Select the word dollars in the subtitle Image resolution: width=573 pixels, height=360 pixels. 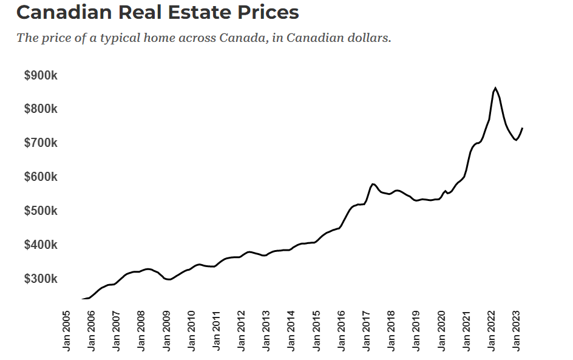point(367,38)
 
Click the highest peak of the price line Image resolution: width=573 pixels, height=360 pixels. point(495,88)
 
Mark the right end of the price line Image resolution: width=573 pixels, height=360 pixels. point(523,128)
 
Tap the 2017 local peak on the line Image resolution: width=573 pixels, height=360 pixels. point(373,183)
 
